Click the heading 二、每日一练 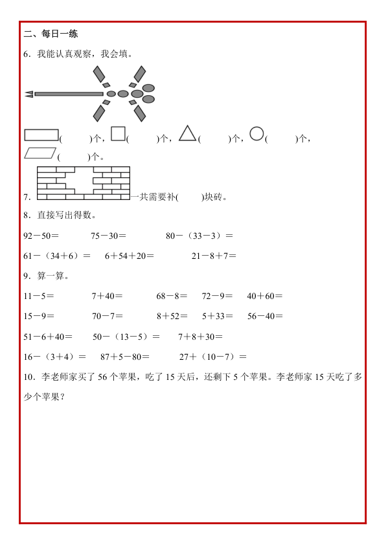click(51, 34)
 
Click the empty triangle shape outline click(187, 133)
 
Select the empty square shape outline click(118, 133)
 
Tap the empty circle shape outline click(257, 133)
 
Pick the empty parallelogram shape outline click(40, 153)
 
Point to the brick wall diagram click(84, 183)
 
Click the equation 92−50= click(41, 236)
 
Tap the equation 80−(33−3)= click(199, 236)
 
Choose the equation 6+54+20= click(130, 256)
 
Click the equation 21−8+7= click(214, 256)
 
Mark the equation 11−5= click(38, 296)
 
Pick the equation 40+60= click(265, 296)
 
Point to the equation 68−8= click(172, 296)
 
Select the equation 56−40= click(266, 316)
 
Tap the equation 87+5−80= click(125, 356)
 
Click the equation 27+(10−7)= click(213, 356)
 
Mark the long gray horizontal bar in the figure click(69, 94)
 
